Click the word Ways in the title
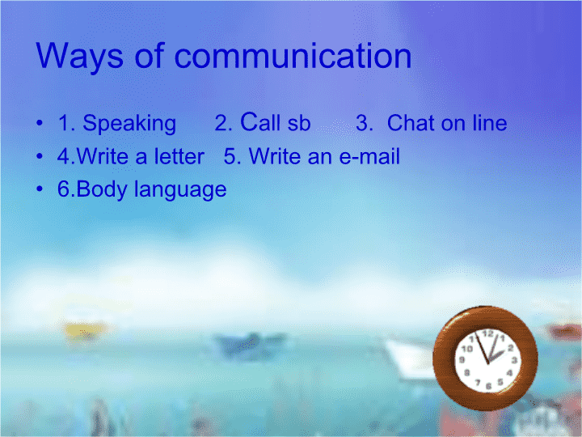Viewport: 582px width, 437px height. pyautogui.click(x=79, y=57)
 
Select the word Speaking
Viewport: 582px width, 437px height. pyautogui.click(x=129, y=124)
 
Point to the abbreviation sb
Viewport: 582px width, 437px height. pyautogui.click(x=299, y=123)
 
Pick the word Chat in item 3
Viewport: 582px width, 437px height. pyautogui.click(x=411, y=122)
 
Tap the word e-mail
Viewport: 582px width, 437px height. pyautogui.click(x=369, y=155)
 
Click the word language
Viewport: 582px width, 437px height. pyautogui.click(x=180, y=190)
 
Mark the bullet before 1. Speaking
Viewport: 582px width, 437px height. pyautogui.click(x=40, y=122)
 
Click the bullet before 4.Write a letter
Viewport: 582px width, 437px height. pyautogui.click(x=40, y=155)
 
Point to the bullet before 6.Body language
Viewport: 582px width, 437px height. pyautogui.click(x=40, y=189)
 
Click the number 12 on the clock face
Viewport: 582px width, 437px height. pyautogui.click(x=487, y=333)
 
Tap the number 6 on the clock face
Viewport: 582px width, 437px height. pyautogui.click(x=489, y=386)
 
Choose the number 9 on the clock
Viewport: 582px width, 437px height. pyautogui.click(x=462, y=359)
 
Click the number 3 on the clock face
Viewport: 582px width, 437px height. pyautogui.click(x=514, y=360)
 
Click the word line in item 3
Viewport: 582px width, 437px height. pyautogui.click(x=490, y=122)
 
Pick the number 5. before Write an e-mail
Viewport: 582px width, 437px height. pyautogui.click(x=233, y=156)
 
